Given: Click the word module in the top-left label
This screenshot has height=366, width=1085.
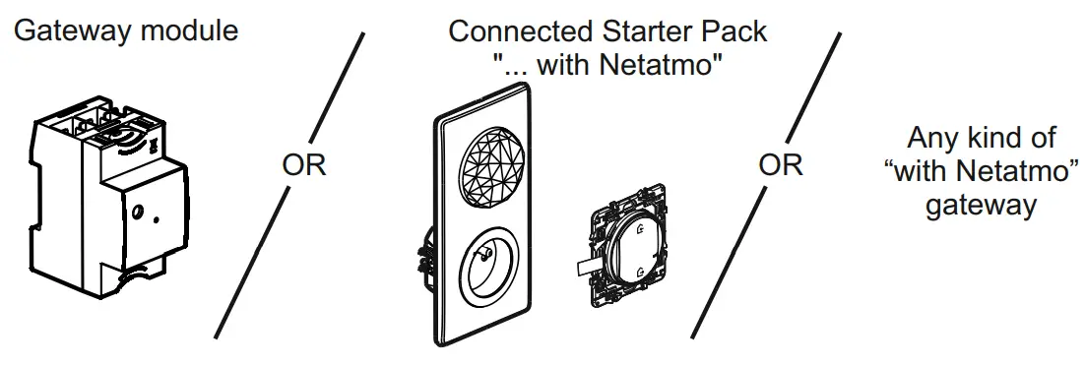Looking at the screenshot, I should [x=190, y=30].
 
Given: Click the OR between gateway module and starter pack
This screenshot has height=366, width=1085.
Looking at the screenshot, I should [x=304, y=165].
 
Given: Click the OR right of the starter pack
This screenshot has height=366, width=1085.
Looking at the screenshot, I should [x=781, y=165].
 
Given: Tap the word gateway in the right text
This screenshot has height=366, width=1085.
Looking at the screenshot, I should [x=981, y=205].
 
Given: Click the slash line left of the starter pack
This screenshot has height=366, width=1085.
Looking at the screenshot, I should [x=290, y=187].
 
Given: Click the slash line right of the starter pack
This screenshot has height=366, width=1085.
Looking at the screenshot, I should [x=766, y=187].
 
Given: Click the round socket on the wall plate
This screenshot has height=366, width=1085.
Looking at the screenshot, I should [x=485, y=269].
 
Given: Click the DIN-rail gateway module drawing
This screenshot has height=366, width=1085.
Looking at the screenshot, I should [x=108, y=197].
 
